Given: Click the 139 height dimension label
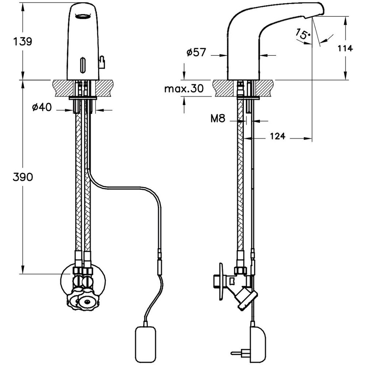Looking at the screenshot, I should (x=23, y=41).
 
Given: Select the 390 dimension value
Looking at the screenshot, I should (x=23, y=177).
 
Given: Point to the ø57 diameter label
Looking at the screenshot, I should (x=196, y=53).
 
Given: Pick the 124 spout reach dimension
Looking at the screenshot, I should (x=278, y=136).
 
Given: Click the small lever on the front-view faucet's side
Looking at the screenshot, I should (x=102, y=62).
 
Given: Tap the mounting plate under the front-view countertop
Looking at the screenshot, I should (x=83, y=98).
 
